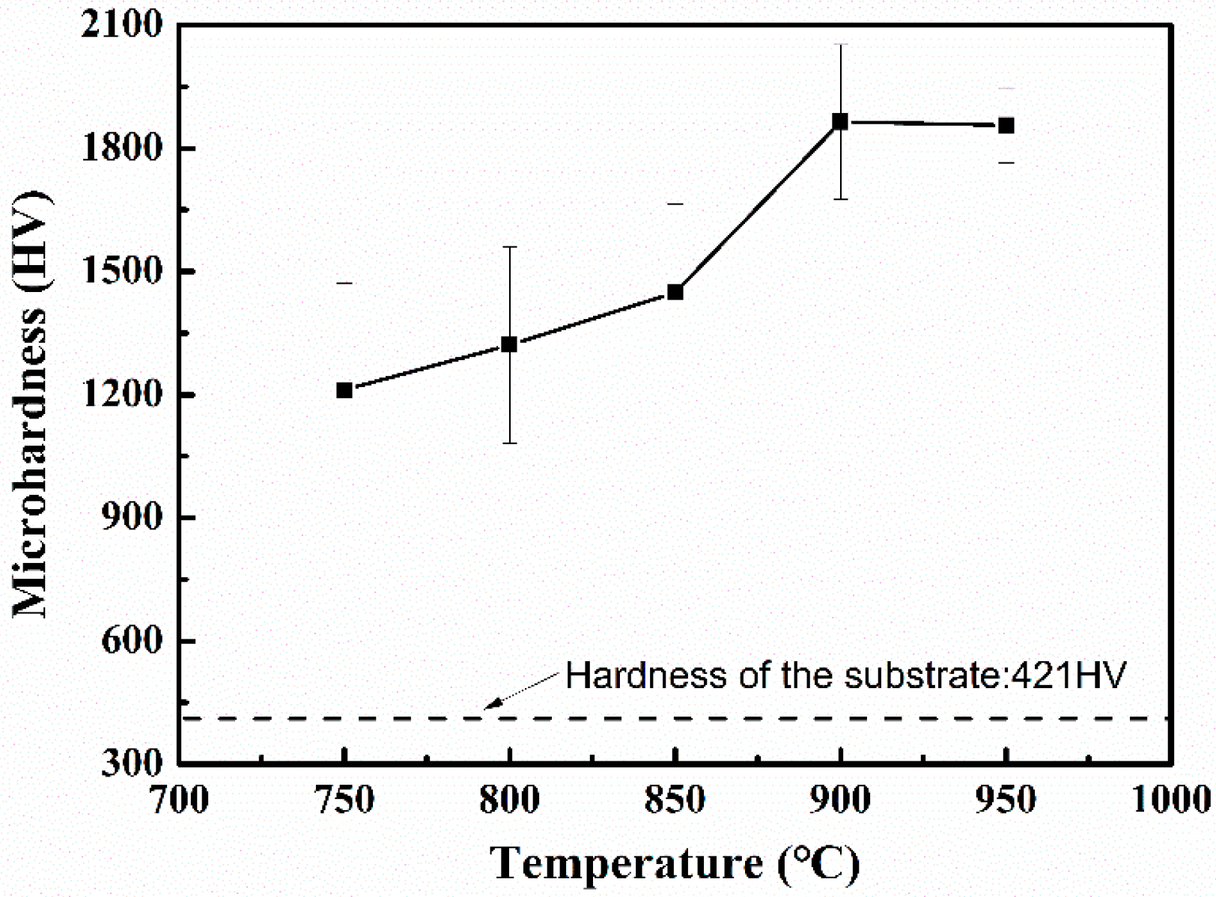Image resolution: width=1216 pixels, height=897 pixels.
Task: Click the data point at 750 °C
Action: click(x=344, y=390)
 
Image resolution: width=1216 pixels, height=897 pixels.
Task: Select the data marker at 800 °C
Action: click(x=509, y=344)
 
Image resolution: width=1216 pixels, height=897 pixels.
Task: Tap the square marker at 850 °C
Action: click(x=675, y=292)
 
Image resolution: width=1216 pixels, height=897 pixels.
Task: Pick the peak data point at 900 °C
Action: click(x=841, y=121)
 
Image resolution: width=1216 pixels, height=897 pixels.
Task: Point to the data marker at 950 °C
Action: click(x=1006, y=126)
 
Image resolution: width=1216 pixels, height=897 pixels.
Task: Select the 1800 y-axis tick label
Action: click(x=122, y=148)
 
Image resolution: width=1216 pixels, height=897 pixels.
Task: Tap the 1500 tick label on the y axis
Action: click(x=122, y=271)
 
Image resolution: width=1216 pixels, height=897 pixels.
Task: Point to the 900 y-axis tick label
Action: click(x=132, y=517)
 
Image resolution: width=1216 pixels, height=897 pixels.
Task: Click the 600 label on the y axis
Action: click(x=132, y=641)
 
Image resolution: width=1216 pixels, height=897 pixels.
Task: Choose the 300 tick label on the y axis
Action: click(x=132, y=763)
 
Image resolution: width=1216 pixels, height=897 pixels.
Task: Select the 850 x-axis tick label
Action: click(x=675, y=800)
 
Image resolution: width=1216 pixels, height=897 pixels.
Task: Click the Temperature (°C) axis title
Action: click(x=675, y=863)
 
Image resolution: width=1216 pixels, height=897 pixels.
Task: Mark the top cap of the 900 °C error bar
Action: click(x=841, y=45)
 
